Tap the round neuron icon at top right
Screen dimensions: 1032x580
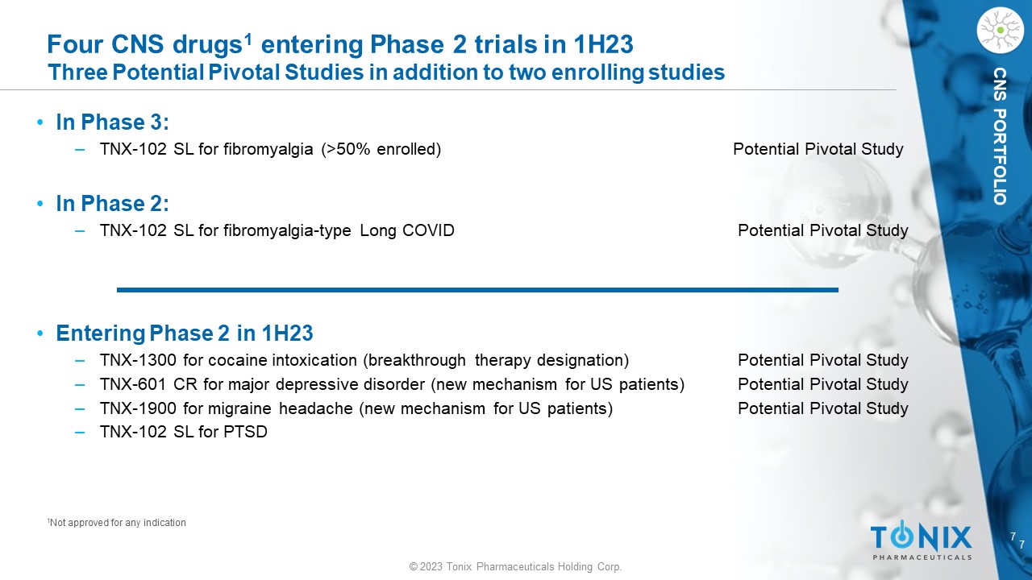(1001, 31)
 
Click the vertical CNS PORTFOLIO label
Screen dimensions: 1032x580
(1000, 136)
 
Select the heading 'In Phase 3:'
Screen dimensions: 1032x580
(112, 122)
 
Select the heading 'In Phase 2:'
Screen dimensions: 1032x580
(112, 204)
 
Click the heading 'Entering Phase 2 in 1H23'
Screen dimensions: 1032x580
(185, 333)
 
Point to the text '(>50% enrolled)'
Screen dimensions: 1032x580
(381, 149)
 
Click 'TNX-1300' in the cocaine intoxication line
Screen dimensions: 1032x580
(138, 360)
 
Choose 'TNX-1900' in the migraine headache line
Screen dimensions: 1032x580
(138, 408)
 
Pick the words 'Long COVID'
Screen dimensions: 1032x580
(407, 230)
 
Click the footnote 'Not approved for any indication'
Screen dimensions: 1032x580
(117, 523)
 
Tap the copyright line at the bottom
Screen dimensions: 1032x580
(515, 566)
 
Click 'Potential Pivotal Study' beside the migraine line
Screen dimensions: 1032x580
(823, 408)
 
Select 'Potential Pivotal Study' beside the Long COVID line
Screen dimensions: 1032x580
(823, 230)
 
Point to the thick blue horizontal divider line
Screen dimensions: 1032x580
(477, 290)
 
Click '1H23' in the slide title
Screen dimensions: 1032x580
(603, 44)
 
